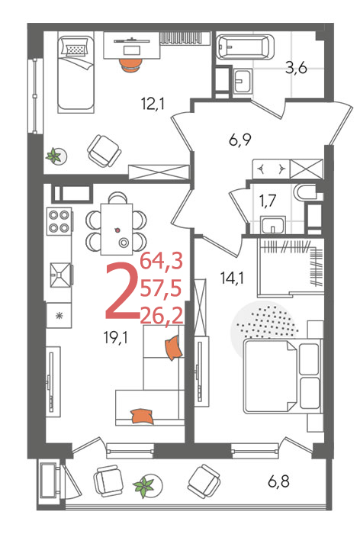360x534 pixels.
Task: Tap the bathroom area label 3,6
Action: tap(296, 68)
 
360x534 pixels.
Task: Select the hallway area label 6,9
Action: tap(239, 140)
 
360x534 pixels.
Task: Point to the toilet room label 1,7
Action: tap(268, 201)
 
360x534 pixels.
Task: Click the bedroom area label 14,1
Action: tap(232, 278)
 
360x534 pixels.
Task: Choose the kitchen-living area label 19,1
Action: tap(116, 337)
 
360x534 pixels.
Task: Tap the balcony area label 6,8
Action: tap(278, 481)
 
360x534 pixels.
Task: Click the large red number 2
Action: tap(121, 291)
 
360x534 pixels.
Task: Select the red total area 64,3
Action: tap(162, 262)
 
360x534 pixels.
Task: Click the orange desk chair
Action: tap(130, 65)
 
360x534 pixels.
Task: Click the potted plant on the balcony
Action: tap(144, 486)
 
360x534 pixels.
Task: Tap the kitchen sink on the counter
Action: tap(61, 275)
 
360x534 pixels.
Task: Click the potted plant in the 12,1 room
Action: tap(56, 156)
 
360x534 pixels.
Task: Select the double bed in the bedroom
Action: tap(282, 375)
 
